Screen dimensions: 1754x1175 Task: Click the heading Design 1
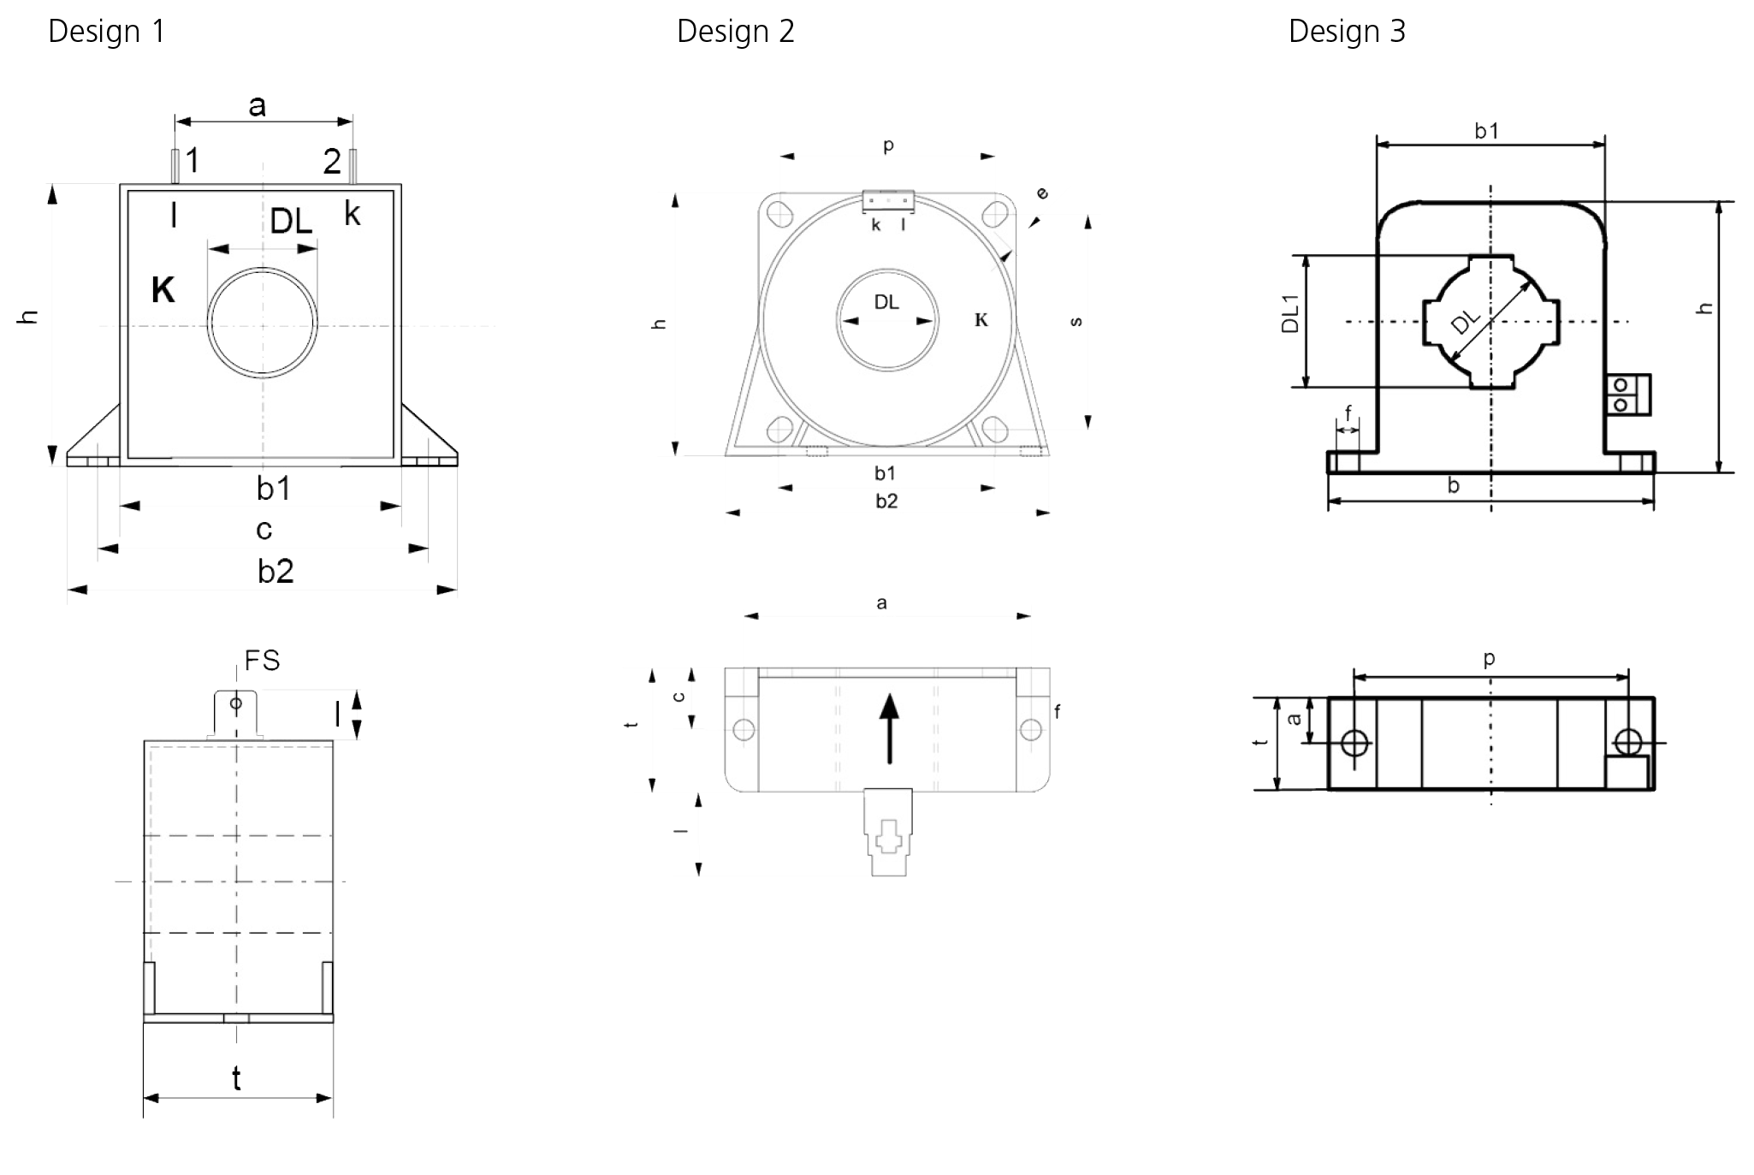106,32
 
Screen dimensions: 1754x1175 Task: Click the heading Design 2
736,32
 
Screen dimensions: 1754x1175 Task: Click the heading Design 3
1348,32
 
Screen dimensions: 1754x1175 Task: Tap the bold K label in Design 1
163,290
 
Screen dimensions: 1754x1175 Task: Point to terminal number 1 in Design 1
193,160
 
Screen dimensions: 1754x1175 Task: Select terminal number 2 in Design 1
332,161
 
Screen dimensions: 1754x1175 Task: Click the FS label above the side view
262,660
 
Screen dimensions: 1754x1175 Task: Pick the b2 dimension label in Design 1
276,571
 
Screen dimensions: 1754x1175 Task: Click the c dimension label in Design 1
264,531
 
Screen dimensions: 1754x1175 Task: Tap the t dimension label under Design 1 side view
236,1078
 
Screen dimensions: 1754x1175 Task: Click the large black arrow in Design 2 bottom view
890,728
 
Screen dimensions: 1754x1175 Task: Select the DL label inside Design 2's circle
886,302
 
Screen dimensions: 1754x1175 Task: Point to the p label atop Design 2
888,146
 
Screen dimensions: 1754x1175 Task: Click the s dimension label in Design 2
1076,322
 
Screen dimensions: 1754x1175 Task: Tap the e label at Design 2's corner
1042,193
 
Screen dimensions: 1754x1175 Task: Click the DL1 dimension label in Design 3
1289,313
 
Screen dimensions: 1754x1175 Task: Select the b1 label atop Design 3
1487,131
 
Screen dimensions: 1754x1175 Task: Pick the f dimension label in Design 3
1348,413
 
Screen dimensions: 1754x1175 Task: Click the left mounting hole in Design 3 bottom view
1354,742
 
